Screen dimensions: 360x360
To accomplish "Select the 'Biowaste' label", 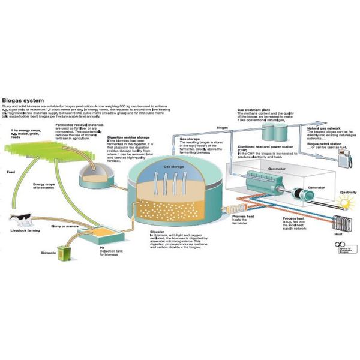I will pyautogui.click(x=43, y=253).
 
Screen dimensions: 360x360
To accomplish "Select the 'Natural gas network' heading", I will pyautogui.click(x=323, y=128).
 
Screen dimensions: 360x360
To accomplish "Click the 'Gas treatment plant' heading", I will pyautogui.click(x=256, y=110).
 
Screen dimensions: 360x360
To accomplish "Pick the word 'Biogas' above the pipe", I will pyautogui.click(x=221, y=128).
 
